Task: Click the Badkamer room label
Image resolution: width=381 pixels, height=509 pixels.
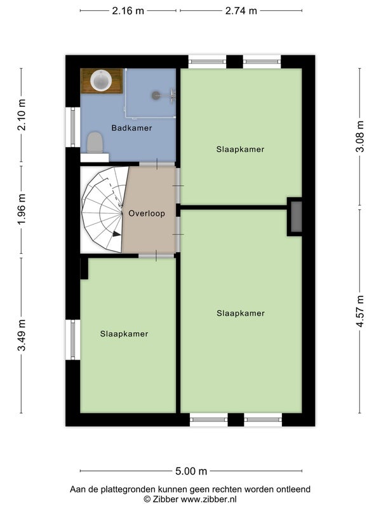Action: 131,128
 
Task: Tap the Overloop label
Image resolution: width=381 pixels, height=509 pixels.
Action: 147,214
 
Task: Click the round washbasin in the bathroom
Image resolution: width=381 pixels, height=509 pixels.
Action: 101,80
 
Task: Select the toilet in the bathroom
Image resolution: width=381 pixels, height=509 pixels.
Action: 95,142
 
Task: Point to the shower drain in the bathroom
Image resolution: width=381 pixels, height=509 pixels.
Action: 156,95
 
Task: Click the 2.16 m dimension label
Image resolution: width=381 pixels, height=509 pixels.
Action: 128,11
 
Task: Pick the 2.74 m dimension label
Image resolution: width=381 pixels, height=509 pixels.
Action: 241,11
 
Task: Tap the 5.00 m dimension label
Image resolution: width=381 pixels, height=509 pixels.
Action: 191,471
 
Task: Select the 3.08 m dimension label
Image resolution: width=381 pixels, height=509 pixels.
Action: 360,136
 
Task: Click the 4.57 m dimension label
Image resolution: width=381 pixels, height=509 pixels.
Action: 360,311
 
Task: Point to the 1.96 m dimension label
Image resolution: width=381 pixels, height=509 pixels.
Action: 22,209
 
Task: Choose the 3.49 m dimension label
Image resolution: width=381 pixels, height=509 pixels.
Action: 22,335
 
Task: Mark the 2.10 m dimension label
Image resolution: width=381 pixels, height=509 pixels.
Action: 22,115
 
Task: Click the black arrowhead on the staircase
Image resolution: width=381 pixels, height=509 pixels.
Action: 117,234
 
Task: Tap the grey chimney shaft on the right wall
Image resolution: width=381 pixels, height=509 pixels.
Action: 296,216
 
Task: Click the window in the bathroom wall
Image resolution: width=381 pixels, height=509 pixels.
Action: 73,127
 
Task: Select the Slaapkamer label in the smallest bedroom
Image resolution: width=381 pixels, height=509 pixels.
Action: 124,334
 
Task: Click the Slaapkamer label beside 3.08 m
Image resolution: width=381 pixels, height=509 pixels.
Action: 241,150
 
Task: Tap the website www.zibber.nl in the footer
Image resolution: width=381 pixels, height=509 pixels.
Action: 209,499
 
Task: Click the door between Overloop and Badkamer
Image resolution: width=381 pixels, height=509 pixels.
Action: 157,164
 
